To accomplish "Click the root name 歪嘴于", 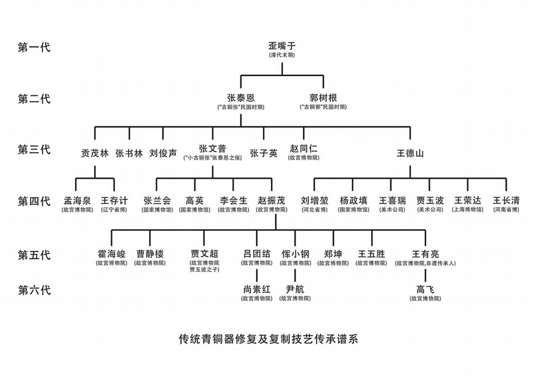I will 282,46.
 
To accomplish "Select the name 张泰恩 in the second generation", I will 241,98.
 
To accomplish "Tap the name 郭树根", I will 323,98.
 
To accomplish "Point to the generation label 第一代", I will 34,47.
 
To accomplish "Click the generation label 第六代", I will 34,290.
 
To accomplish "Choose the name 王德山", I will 410,152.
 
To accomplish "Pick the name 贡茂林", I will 95,152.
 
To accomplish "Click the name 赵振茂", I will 271,200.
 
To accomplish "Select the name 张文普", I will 212,149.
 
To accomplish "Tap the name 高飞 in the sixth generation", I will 425,289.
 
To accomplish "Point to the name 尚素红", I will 257,289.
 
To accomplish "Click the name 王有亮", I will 425,254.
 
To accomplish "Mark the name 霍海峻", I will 111,254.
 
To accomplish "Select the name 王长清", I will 506,200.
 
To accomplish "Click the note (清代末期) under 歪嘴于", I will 282,55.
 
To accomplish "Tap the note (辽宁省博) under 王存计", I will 114,210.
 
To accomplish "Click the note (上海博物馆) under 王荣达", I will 467,210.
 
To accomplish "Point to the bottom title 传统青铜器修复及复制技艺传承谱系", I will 268,340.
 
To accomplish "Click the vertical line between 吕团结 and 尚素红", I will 257,275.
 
